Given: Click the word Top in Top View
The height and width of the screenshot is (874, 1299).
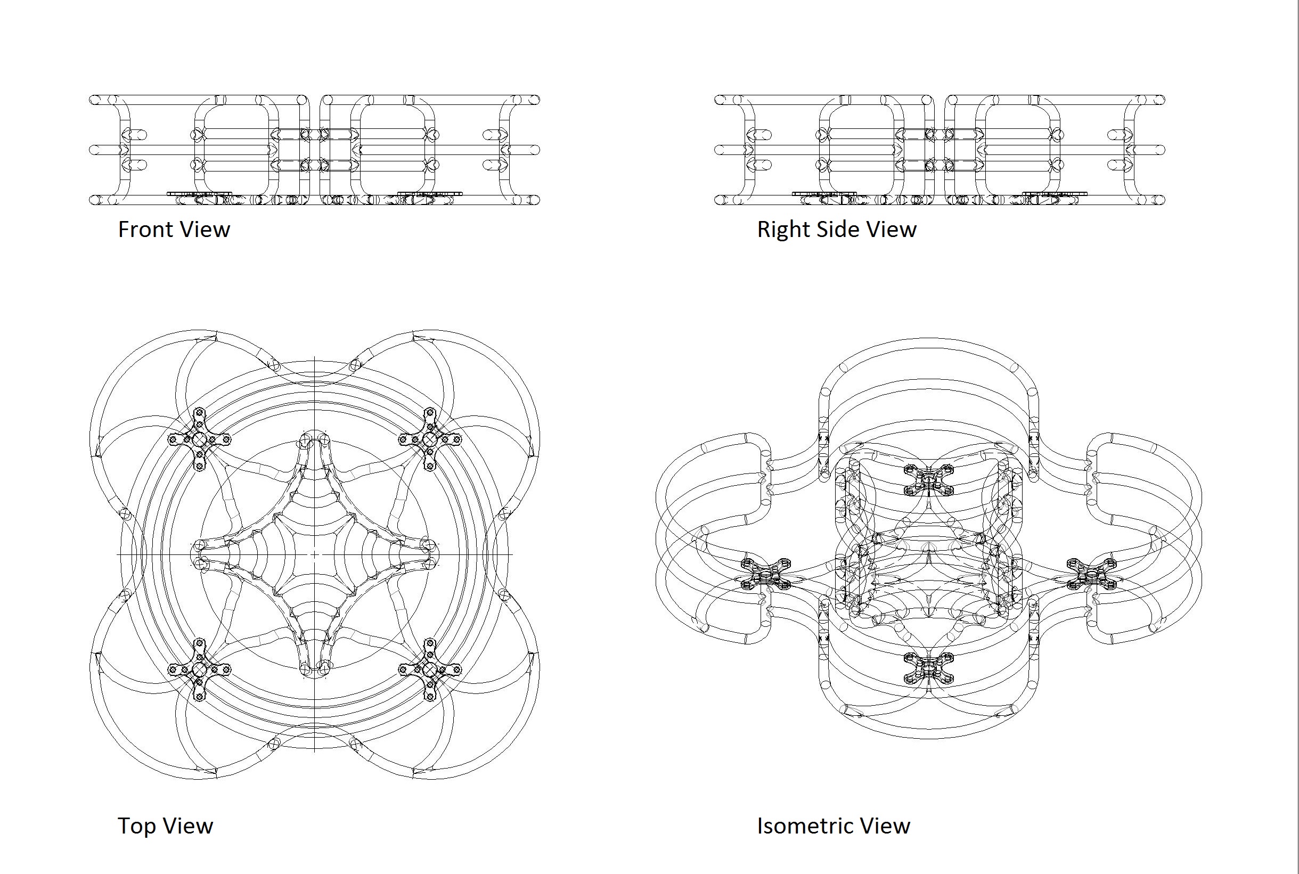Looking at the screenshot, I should (x=135, y=826).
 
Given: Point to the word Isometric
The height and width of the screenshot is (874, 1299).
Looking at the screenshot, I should (x=805, y=826).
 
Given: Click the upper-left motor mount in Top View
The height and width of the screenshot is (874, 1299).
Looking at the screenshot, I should (x=200, y=440).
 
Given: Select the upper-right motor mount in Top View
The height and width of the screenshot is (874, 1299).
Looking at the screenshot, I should (x=430, y=440).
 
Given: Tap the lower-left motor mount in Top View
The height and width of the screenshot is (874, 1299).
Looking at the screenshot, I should (x=200, y=669).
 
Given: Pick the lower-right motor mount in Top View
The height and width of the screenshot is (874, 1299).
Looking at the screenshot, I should (x=430, y=669).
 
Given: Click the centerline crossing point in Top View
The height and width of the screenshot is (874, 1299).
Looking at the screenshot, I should (x=314, y=554).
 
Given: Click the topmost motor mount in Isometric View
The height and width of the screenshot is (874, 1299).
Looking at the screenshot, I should (x=928, y=480).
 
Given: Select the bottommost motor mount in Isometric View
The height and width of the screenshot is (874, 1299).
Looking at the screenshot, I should (x=928, y=668).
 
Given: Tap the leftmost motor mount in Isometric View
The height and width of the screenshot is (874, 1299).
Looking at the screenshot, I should (x=766, y=574).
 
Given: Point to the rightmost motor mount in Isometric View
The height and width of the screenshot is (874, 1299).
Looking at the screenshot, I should (x=1091, y=574).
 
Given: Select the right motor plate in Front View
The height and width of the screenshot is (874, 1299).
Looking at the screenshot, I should (x=430, y=194).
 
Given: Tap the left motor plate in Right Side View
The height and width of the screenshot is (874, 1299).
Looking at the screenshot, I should (x=824, y=194).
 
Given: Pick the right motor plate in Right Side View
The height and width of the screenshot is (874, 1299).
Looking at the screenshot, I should (x=1055, y=194).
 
